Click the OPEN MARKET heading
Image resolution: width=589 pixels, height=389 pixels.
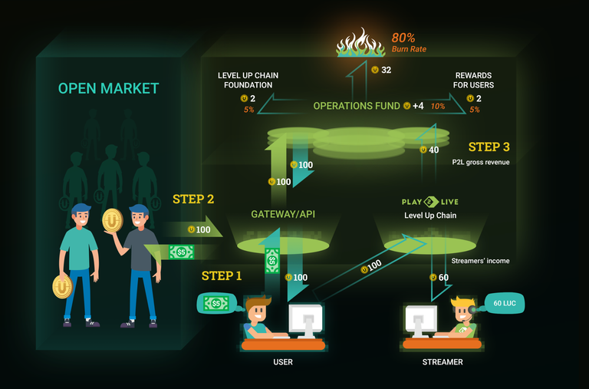tap(108, 89)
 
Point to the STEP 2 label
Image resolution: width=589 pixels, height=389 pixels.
tap(193, 199)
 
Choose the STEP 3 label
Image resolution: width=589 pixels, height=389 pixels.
tap(489, 147)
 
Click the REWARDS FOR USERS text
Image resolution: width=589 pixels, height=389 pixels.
tap(474, 80)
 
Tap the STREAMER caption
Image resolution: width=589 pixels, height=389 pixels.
tap(443, 361)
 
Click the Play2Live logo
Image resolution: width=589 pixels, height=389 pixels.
tap(430, 202)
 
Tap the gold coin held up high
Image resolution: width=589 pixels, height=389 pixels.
tap(113, 220)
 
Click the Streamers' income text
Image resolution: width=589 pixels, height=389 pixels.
tap(480, 261)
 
